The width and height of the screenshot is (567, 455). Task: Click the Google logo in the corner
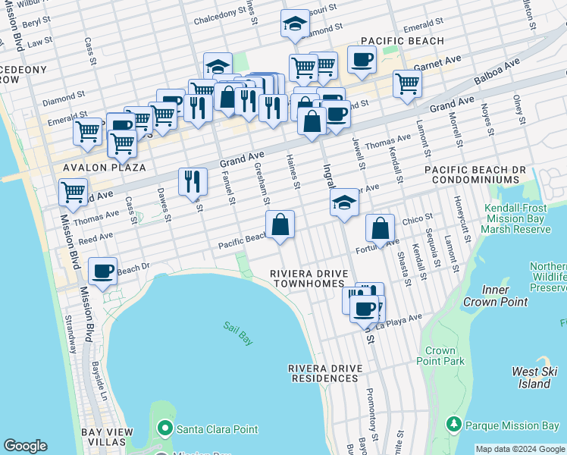click(x=25, y=446)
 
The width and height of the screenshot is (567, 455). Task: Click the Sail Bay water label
click(x=237, y=333)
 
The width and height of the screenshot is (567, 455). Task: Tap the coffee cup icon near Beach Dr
click(x=102, y=270)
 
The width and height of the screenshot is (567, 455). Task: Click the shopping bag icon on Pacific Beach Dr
click(x=280, y=224)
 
